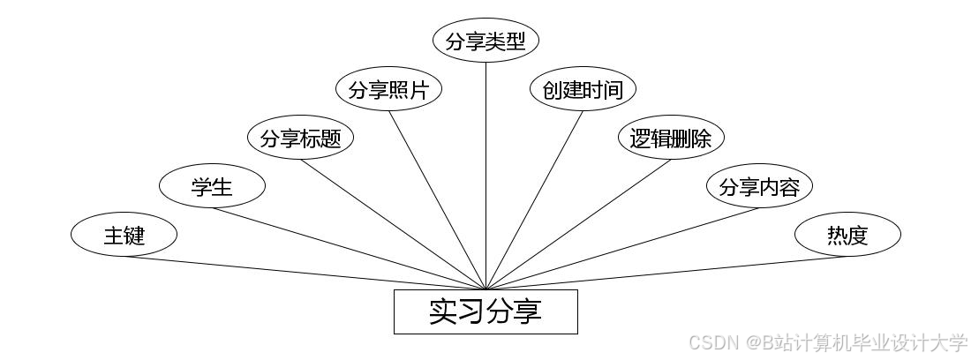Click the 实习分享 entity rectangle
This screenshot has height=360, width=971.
coord(485,311)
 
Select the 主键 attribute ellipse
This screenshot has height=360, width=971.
coord(124,235)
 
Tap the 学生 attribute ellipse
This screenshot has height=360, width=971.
coord(212,186)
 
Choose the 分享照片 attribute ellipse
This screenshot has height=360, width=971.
coord(388,90)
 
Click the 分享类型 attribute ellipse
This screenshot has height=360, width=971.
coord(485,41)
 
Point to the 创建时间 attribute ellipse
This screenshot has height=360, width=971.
coord(583,90)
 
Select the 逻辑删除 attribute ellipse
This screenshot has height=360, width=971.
coord(671,139)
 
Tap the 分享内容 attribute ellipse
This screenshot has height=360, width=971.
coord(759,186)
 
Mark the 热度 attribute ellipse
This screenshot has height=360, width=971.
coord(847,235)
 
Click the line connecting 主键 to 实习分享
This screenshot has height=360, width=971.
coord(305,273)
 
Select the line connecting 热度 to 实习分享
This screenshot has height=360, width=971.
coord(666,273)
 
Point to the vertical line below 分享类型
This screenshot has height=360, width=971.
coord(485,176)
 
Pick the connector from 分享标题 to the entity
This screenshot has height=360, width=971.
coord(393,224)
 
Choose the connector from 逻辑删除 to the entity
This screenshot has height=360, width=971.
coord(578,224)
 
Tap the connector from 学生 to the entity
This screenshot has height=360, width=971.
coord(349,248)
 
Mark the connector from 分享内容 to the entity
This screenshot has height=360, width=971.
coord(622,248)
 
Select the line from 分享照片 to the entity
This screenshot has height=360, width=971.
coord(437,199)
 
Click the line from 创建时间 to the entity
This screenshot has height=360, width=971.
coord(534,199)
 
